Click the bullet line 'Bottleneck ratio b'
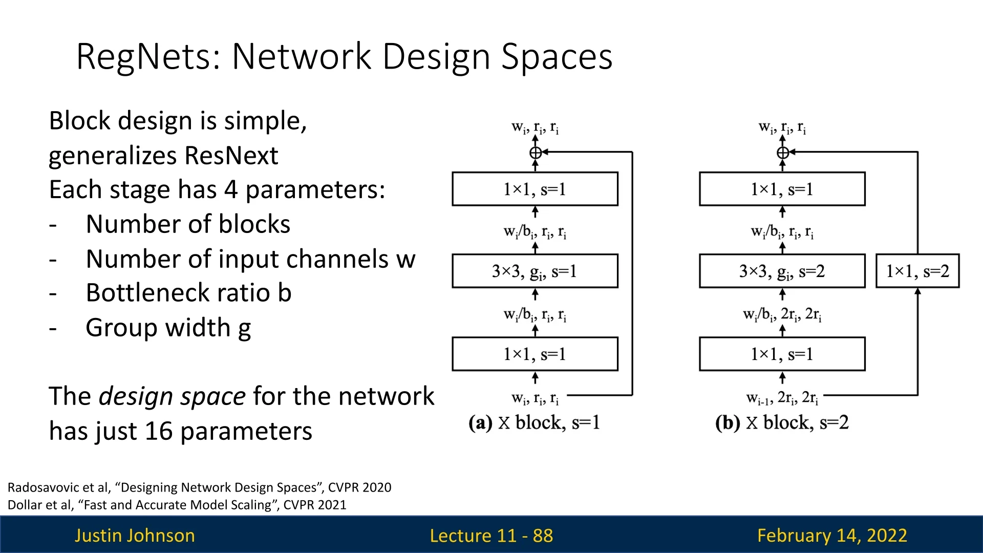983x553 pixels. click(188, 293)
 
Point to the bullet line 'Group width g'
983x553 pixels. click(168, 328)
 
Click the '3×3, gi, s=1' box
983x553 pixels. click(535, 271)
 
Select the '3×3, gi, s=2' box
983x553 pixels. click(782, 271)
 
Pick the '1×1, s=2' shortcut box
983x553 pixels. click(917, 271)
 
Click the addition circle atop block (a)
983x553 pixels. click(536, 153)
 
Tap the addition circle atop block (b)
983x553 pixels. click(783, 153)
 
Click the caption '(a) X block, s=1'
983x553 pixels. click(534, 423)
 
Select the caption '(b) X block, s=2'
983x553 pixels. click(782, 423)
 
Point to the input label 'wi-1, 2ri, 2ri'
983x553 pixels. click(782, 398)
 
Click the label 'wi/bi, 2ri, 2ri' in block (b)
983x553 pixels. click(782, 314)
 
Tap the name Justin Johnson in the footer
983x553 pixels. click(135, 536)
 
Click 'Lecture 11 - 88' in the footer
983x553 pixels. click(491, 536)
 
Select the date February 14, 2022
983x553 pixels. click(832, 536)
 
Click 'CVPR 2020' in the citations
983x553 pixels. click(359, 487)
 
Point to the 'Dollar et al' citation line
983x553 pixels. click(177, 505)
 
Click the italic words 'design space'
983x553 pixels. click(172, 396)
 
